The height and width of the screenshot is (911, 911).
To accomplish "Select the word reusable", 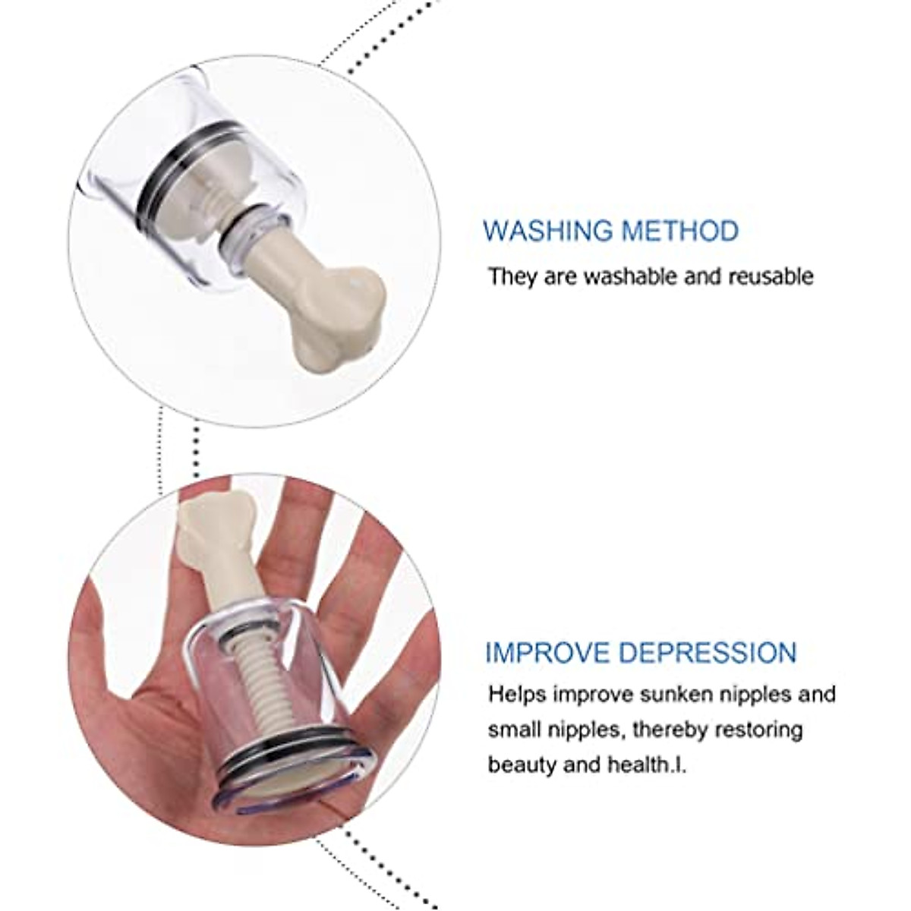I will [770, 276].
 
